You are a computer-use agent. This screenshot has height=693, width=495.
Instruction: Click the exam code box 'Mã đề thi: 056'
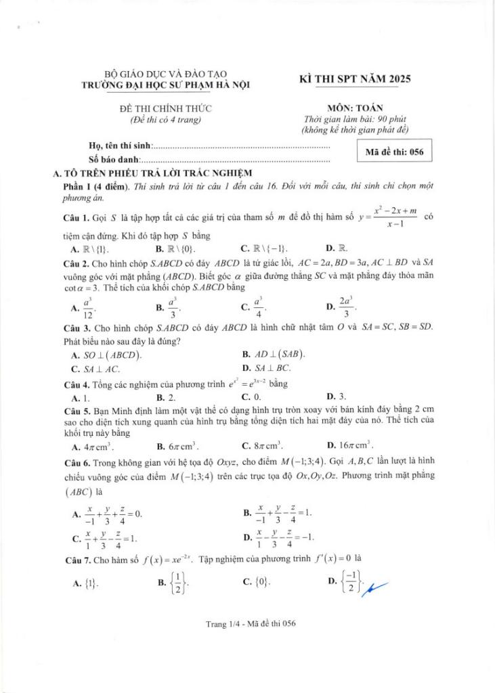394,152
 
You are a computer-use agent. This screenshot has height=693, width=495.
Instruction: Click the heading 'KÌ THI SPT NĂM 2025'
355,79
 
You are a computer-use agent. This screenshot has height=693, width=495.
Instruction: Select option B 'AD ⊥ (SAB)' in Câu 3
274,355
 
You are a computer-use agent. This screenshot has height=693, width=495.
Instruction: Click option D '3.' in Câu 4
337,397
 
